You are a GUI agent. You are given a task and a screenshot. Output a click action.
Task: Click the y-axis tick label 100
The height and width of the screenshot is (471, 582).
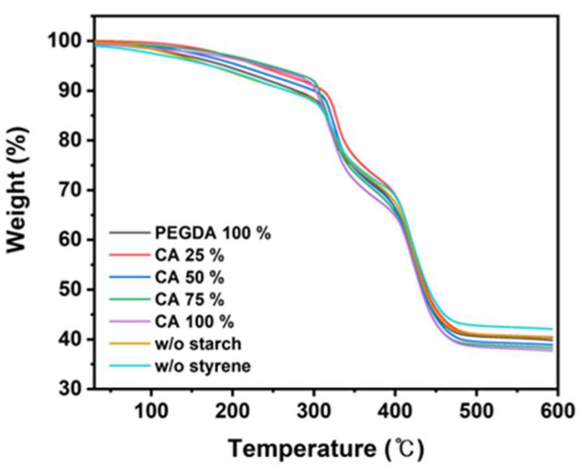pos(67,41)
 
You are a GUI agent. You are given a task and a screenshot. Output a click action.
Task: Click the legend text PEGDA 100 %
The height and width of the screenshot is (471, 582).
pos(213,233)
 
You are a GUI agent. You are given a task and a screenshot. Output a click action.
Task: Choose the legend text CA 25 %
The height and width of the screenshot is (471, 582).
pos(189,255)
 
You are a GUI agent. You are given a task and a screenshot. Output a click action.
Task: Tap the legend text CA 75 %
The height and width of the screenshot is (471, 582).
pos(189,299)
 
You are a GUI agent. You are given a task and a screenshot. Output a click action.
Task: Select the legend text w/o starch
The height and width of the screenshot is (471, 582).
pos(198,344)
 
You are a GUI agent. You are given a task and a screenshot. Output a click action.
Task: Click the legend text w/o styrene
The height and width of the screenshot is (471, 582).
pos(203,366)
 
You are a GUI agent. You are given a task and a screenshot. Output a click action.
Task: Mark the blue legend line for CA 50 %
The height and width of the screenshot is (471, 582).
pos(130,277)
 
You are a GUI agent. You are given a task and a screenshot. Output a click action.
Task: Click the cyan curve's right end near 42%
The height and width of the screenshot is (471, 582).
pos(552,329)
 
